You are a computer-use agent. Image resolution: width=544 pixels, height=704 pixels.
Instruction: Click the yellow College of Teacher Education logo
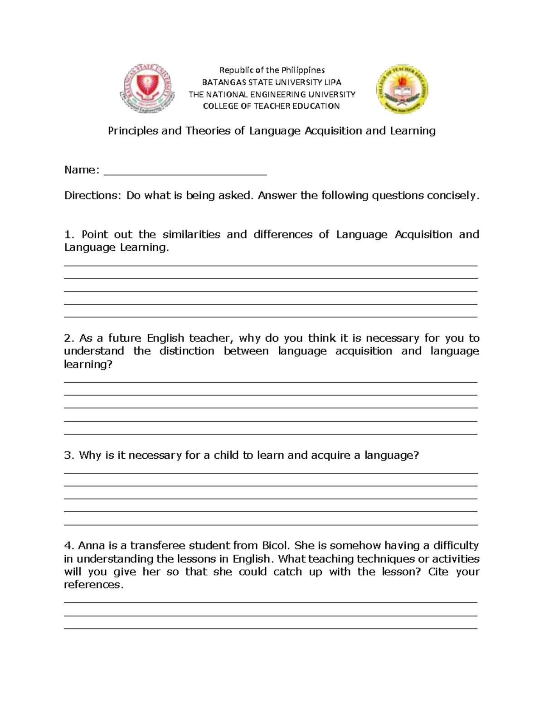click(402, 89)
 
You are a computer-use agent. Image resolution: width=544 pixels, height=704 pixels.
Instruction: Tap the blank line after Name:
click(185, 171)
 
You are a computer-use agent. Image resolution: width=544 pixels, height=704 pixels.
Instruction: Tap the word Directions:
click(93, 195)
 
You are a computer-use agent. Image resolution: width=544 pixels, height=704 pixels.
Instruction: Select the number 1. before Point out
click(68, 234)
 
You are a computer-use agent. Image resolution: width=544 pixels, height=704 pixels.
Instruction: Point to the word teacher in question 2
click(209, 338)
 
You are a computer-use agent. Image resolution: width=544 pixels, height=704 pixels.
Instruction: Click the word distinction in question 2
click(187, 351)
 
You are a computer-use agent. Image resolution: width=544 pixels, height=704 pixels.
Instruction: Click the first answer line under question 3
click(271, 473)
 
